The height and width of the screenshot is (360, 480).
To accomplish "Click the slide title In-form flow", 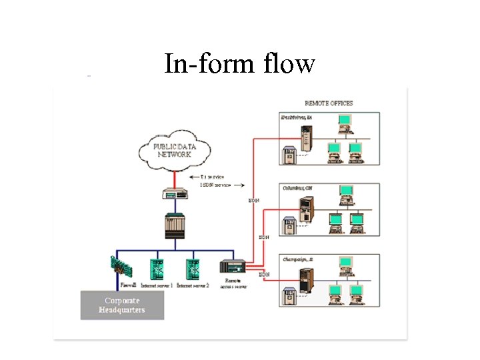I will [239, 64].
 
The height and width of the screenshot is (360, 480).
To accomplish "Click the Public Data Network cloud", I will [173, 151].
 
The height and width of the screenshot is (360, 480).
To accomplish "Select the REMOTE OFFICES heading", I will [329, 103].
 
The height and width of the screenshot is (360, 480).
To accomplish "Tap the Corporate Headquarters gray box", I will [122, 305].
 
